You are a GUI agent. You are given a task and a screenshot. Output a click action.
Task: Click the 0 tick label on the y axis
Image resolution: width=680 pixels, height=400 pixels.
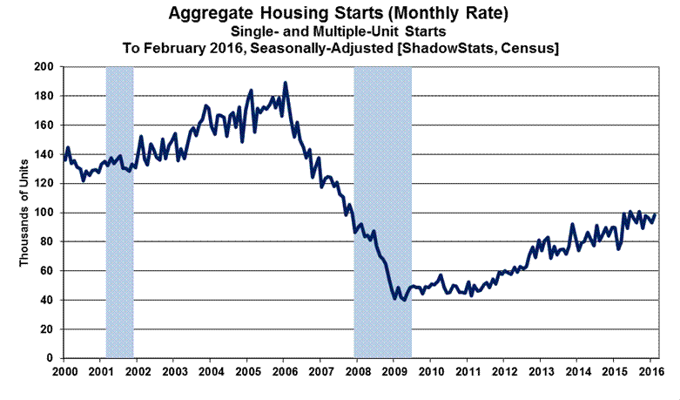tap(51, 358)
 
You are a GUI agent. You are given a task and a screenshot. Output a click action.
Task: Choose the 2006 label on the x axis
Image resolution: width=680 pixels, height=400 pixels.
tap(285, 372)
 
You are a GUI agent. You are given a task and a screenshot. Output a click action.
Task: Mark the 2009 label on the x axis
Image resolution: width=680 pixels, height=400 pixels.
tap(394, 372)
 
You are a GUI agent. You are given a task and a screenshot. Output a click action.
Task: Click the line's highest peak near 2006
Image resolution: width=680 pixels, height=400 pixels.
tap(286, 84)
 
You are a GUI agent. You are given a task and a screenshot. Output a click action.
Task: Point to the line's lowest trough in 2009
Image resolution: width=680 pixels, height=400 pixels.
tap(402, 300)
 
